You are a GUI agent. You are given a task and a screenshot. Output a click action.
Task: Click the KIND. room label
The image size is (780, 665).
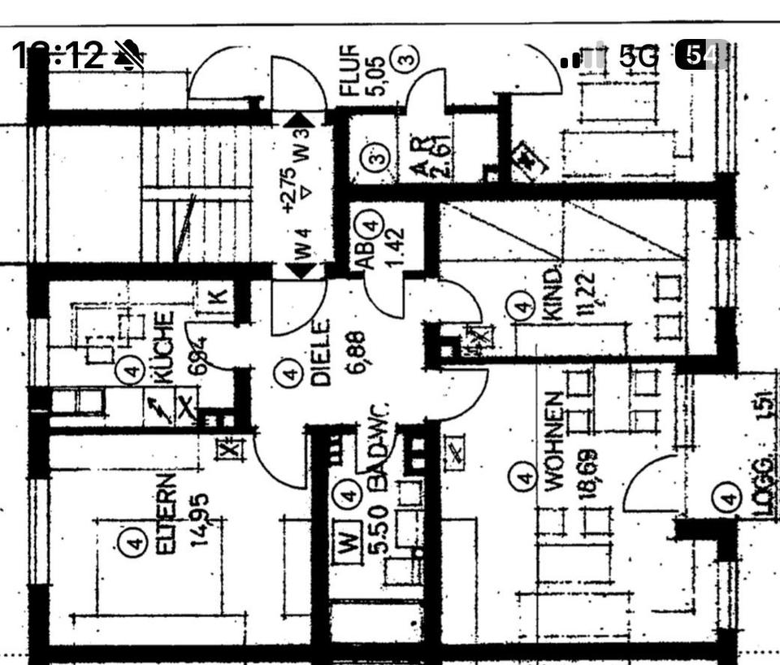click(x=553, y=295)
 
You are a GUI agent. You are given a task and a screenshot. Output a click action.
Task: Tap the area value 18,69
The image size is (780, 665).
click(x=588, y=473)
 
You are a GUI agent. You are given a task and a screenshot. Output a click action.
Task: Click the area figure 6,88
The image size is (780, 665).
click(x=355, y=351)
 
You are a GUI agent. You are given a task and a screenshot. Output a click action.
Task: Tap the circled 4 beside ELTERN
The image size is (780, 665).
click(x=132, y=542)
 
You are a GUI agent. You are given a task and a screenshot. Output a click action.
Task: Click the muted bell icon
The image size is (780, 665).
click(x=128, y=55)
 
